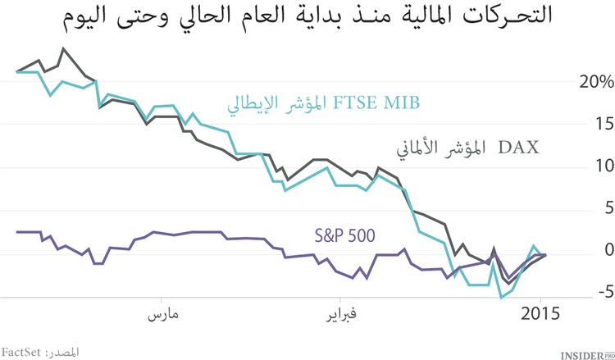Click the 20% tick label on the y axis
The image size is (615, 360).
coord(594,83)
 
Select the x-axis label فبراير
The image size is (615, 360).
coord(339,315)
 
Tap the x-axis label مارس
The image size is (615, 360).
coord(164,315)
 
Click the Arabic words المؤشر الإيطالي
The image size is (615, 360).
coord(268,104)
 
